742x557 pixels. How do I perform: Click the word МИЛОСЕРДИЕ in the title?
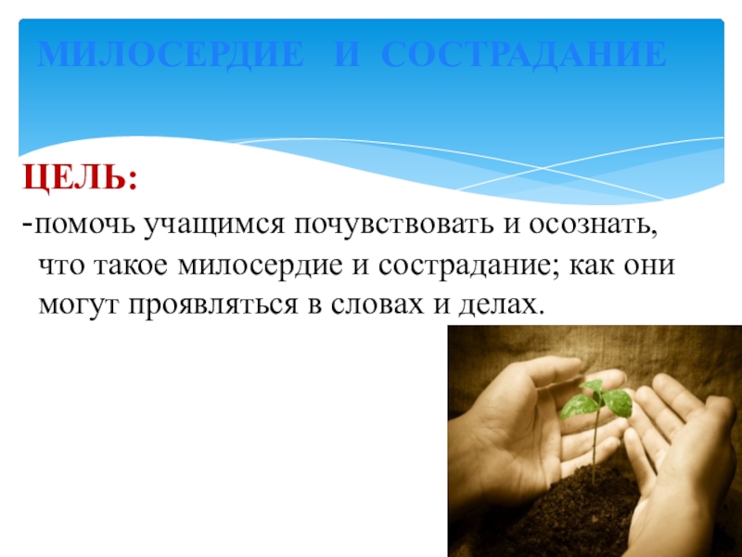171,57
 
